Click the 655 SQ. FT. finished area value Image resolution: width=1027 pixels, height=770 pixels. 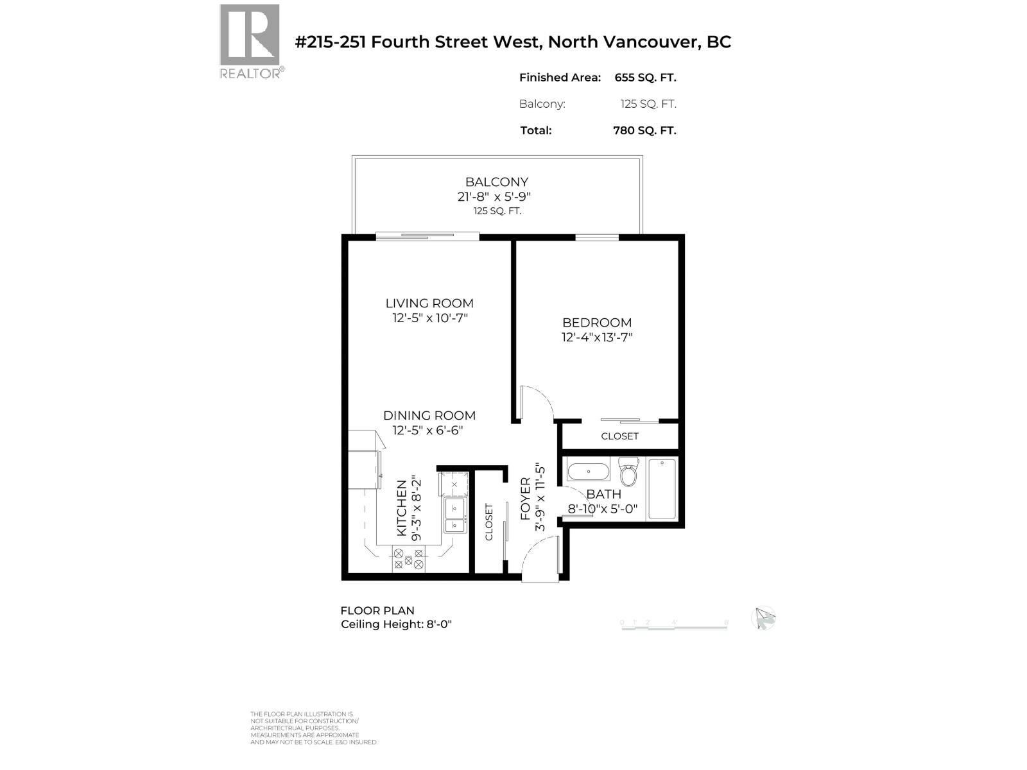645,78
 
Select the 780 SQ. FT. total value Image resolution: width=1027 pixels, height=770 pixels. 644,130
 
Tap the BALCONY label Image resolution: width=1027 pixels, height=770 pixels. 496,182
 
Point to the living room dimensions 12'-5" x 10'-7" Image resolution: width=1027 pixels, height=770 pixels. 430,318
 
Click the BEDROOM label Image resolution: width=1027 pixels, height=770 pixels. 597,323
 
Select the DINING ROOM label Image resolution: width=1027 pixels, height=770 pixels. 429,416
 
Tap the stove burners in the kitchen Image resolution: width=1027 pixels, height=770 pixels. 408,558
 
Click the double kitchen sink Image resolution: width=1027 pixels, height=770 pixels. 455,517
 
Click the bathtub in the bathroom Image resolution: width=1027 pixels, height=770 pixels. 662,489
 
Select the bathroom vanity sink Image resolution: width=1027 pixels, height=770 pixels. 589,472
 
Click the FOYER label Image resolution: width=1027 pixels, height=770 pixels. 526,499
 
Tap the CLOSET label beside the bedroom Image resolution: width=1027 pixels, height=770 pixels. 619,436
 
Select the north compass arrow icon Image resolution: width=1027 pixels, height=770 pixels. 764,619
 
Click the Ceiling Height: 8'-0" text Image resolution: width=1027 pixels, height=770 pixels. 396,624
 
